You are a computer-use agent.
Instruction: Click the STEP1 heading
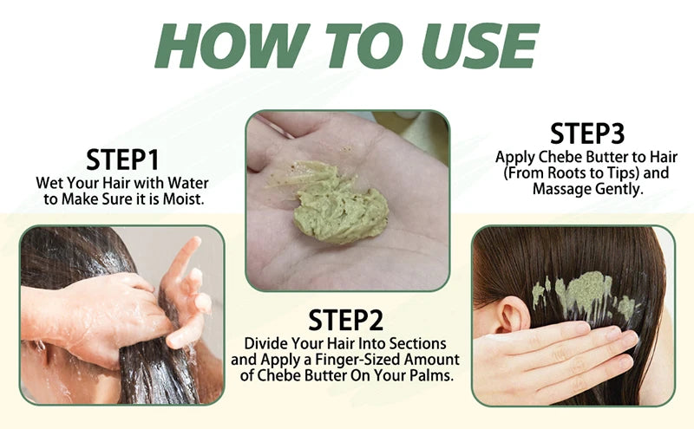tap(122, 160)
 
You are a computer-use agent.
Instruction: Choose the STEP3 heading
tap(587, 133)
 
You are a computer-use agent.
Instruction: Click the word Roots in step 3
tap(573, 173)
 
